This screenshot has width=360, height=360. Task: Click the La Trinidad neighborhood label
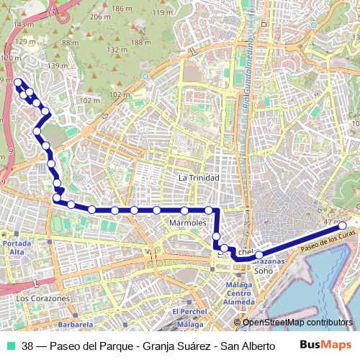point(199,177)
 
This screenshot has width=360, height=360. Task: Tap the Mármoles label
point(188,223)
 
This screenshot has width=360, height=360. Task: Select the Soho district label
point(264,271)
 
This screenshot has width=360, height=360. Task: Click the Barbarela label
point(57,325)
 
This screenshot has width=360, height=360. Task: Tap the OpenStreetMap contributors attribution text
point(297,323)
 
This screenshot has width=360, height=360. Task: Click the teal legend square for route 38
point(11,346)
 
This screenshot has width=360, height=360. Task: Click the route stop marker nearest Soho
point(258,255)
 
